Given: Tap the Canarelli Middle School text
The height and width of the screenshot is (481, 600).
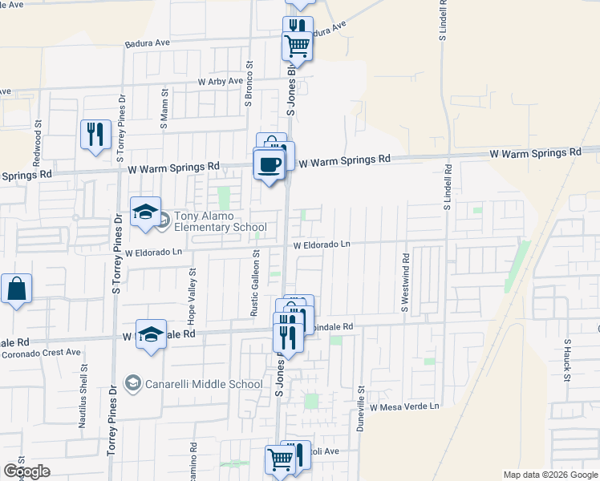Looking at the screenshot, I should click(x=204, y=384).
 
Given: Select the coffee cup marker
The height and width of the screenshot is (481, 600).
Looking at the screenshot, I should click(x=269, y=165).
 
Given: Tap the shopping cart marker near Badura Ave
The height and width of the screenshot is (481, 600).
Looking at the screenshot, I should click(x=298, y=46).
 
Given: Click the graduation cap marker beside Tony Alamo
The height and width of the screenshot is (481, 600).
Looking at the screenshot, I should click(x=145, y=212).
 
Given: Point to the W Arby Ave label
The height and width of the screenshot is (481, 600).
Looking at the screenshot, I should click(x=220, y=82).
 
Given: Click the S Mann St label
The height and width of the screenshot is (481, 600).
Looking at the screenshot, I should click(x=164, y=120).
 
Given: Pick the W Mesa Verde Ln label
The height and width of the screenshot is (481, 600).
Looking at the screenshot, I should click(x=405, y=406).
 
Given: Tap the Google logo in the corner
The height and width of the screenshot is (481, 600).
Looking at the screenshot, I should click(x=26, y=471).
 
